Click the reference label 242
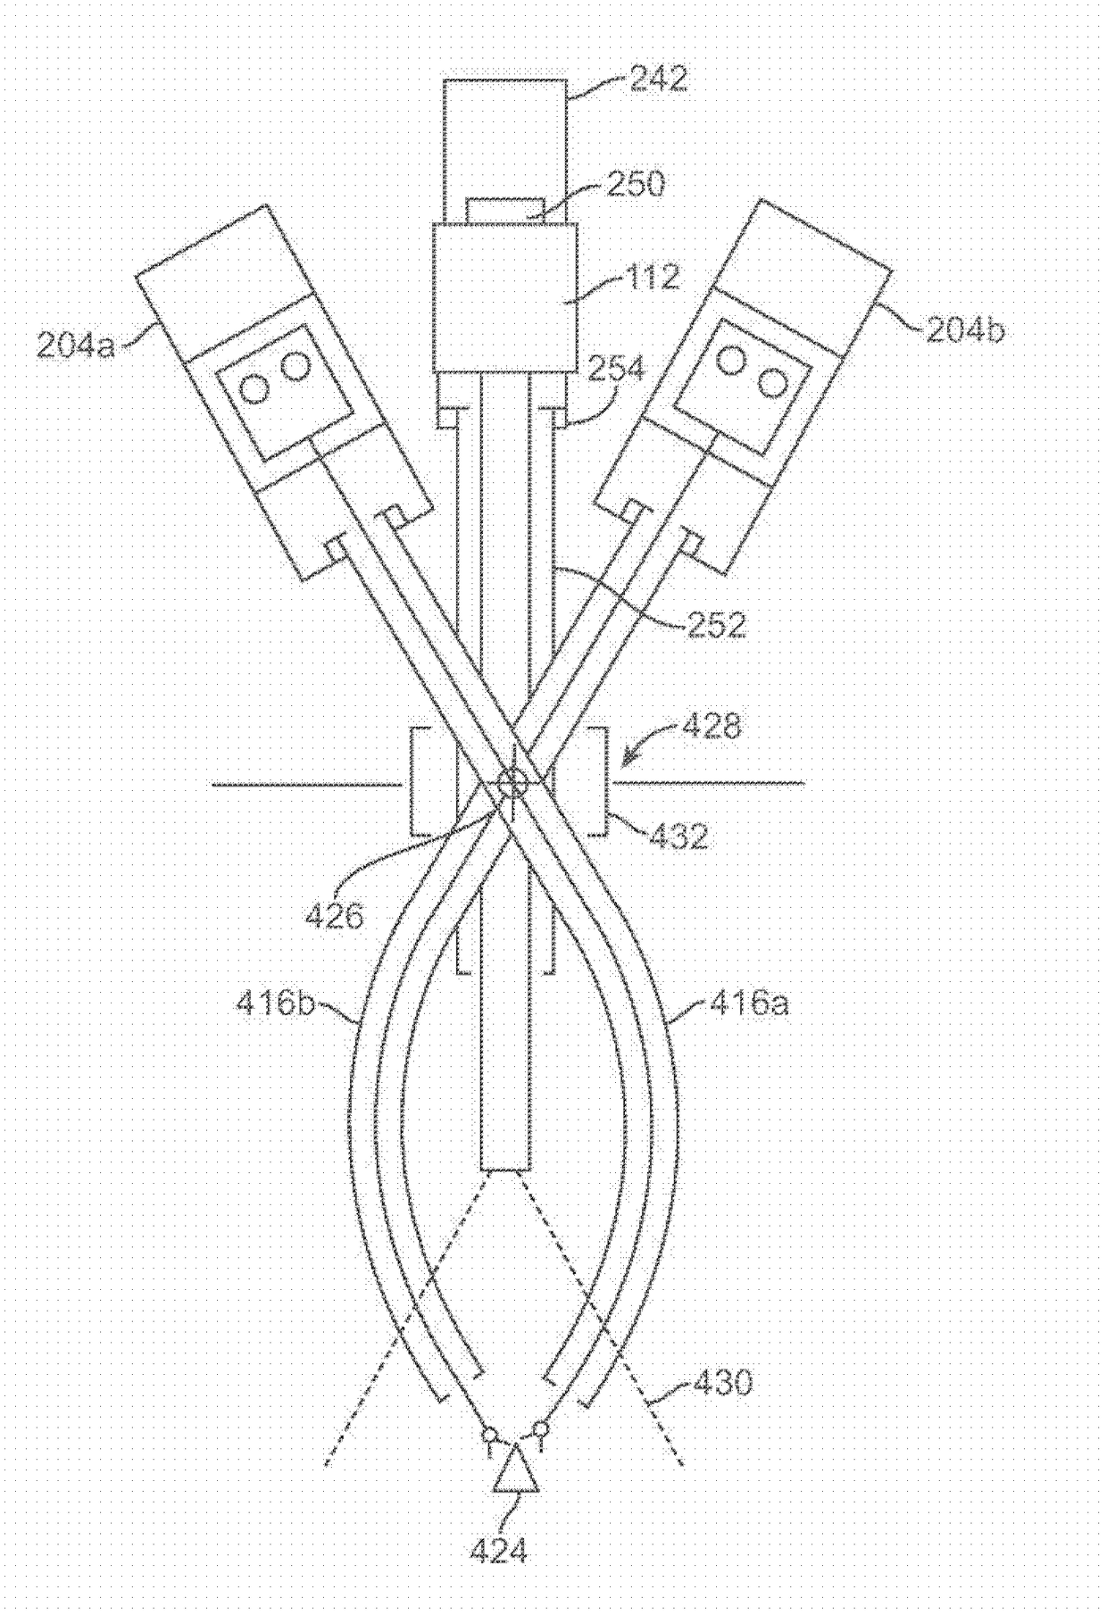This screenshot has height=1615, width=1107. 659,79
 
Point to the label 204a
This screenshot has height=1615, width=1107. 77,344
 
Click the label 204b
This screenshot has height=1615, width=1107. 965,330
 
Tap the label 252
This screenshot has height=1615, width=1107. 714,623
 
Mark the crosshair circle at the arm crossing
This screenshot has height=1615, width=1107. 512,784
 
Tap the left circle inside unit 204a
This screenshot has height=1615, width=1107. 255,388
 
